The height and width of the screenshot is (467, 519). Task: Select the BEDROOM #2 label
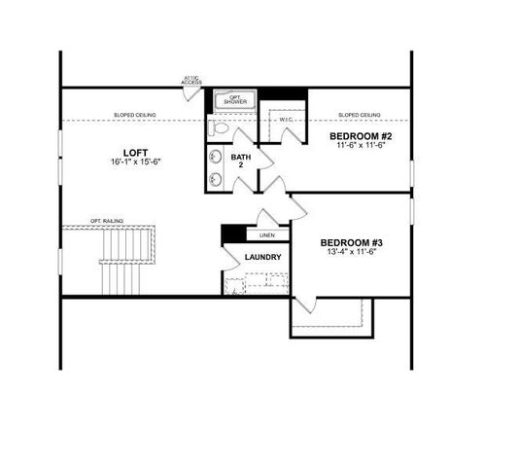coord(359,135)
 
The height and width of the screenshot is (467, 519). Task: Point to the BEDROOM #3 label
coord(351,242)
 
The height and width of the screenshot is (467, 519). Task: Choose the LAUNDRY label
coord(262,258)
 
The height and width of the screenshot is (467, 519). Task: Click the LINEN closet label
coord(266,235)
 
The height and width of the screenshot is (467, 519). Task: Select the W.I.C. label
coord(287,119)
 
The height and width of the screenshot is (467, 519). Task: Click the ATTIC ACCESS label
coord(191,80)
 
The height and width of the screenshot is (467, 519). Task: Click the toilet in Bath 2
coord(220,127)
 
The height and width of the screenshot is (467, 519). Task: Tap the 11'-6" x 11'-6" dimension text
coord(359,145)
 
